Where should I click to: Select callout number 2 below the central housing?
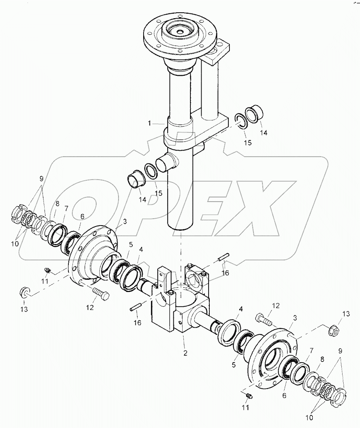pos(185,353)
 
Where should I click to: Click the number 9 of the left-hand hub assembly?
pos(41,179)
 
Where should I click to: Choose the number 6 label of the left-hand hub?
pos(82,216)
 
